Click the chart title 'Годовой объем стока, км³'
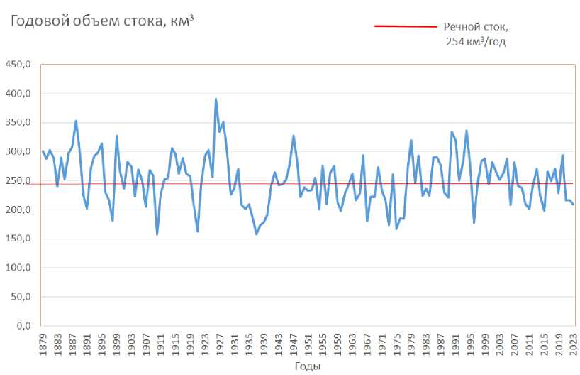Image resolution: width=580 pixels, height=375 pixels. [100, 21]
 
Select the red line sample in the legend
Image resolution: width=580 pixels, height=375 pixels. [405, 27]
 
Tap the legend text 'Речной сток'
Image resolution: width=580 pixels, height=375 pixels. [476, 27]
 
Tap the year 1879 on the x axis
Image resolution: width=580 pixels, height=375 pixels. [43, 344]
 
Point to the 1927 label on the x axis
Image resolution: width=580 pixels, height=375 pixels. [220, 344]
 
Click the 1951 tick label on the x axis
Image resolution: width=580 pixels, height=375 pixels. [308, 344]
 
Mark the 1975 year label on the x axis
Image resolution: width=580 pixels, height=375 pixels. [397, 344]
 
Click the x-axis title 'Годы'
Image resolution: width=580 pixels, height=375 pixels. [308, 366]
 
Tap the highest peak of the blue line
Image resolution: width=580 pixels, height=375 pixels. [216, 99]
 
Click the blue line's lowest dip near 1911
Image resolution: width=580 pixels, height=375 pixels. [157, 234]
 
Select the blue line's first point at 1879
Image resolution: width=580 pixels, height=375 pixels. [43, 151]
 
